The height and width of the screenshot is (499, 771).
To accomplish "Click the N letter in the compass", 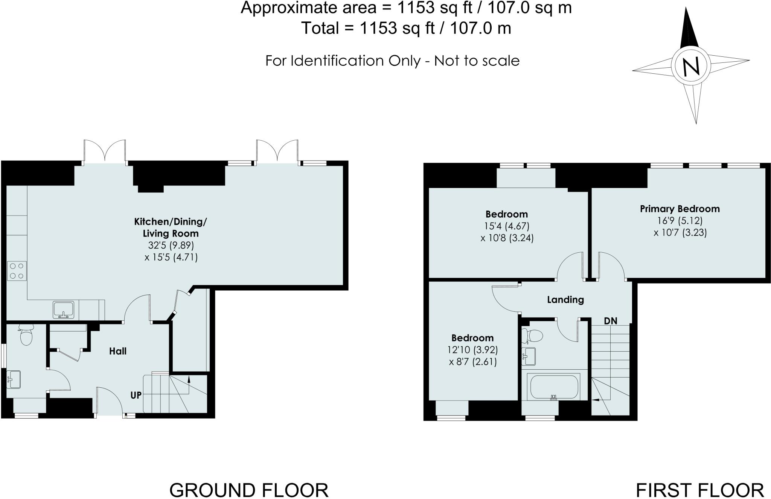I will [x=691, y=66].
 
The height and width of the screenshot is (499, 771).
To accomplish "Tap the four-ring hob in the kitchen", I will [x=17, y=271].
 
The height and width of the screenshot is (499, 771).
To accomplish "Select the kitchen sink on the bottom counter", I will [x=63, y=309].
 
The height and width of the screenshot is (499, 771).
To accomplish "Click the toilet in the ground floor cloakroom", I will [x=26, y=335].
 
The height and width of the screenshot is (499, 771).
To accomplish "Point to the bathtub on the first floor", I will [x=553, y=387].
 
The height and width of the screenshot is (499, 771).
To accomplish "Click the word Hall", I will [x=118, y=351].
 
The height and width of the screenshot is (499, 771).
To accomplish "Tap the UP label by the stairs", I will [x=136, y=395].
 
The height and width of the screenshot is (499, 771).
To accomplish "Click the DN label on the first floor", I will [x=611, y=321].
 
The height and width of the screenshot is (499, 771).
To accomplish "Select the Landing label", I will [x=565, y=300].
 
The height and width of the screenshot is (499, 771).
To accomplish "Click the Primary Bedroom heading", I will [x=680, y=209].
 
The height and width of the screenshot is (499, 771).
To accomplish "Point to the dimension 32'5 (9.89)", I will [x=171, y=246].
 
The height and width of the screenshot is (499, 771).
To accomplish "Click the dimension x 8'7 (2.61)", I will [x=472, y=362].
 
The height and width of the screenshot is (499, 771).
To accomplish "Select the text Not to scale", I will [x=477, y=61].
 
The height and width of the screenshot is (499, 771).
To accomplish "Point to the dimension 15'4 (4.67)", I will [x=507, y=226].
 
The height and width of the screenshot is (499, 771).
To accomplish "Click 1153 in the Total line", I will [x=379, y=28].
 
